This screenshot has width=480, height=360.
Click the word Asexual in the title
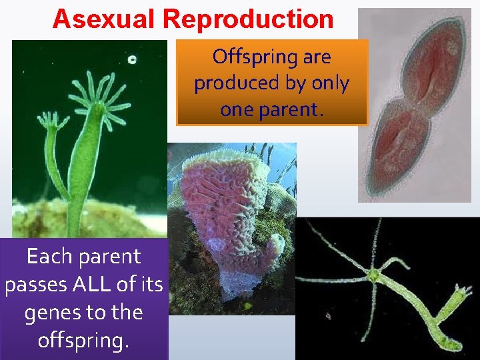[105, 19]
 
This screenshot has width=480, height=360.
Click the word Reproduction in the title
[248, 19]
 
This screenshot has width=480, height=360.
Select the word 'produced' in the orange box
[233, 83]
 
